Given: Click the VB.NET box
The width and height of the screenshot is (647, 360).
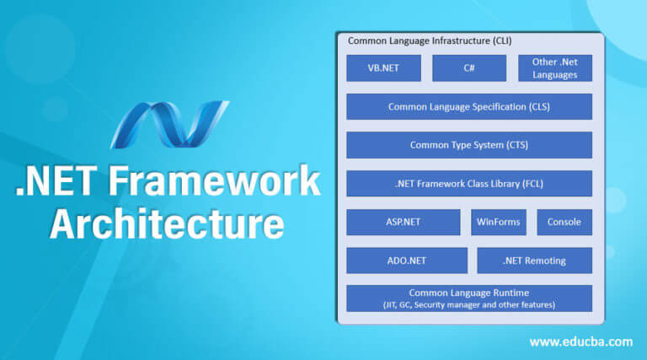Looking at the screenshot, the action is pos(384,68).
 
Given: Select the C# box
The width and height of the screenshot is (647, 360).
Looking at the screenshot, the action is pos(469,68).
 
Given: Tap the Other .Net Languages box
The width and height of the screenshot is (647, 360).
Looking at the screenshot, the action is pos(555,68).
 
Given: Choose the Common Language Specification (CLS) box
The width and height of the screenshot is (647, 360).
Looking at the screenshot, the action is pos(469,106).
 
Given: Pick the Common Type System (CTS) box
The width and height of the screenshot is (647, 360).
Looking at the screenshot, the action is pos(469,145).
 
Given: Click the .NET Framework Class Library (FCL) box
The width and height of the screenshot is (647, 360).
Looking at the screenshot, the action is pos(469,183).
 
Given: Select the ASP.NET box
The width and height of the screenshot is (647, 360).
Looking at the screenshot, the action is pos(404,222).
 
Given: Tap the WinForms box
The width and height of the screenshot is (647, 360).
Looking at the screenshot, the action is pos(499,222).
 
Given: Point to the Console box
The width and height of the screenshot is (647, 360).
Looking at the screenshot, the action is pos(564,222).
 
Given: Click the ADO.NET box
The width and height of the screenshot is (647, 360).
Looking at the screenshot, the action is pos(407,261).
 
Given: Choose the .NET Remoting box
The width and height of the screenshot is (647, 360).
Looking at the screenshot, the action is pos(535,261).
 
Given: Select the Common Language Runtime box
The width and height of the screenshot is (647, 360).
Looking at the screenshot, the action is pos(469,298).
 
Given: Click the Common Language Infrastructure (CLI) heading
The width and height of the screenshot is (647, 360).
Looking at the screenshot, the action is pos(430,40).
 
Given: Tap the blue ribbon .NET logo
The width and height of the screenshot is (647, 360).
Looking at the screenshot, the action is pos(169,124).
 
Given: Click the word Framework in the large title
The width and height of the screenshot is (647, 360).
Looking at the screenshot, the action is pos(215,180).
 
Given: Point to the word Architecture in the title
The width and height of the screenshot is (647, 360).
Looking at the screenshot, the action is pos(167,223).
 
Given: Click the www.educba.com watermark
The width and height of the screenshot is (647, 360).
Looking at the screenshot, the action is pos(581,341).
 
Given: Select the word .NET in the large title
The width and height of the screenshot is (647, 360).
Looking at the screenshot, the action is pos(56,180).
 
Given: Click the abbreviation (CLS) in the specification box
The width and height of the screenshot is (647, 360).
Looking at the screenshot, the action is pos(539,107).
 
